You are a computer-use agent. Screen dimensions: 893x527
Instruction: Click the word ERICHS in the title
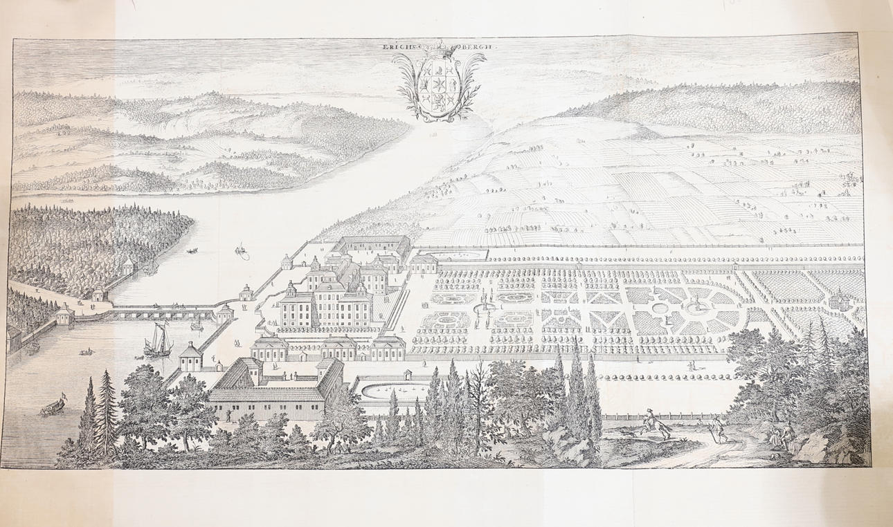[399, 46]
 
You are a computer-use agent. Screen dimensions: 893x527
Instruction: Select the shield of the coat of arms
[438, 86]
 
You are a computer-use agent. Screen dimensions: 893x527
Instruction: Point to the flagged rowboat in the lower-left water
[53, 407]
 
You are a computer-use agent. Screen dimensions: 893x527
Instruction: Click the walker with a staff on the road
[720, 430]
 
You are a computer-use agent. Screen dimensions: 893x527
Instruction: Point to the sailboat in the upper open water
[242, 250]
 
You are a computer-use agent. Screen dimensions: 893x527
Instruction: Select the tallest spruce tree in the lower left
[106, 408]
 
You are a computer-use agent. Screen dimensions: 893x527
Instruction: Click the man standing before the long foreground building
[229, 415]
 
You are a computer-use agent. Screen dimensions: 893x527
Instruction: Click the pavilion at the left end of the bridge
[64, 317]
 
